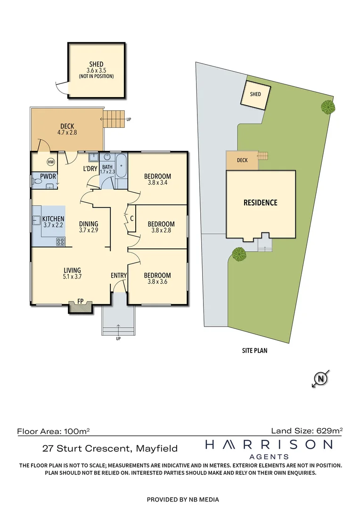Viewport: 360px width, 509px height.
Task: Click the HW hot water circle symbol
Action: click(50, 162)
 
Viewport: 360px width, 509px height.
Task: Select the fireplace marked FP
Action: click(81, 307)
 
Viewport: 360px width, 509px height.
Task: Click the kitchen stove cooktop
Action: click(61, 242)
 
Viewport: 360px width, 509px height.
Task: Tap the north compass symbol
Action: click(321, 378)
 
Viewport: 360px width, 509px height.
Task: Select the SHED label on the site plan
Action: click(255, 94)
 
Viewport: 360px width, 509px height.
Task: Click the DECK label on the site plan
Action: click(242, 160)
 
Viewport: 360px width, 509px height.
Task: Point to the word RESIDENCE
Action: click(260, 203)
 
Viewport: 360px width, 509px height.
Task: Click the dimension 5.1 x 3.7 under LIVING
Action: click(72, 277)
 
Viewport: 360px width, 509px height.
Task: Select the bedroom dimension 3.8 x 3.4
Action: click(157, 183)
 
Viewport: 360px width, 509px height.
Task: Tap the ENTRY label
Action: click(118, 275)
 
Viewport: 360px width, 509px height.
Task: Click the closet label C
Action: click(131, 218)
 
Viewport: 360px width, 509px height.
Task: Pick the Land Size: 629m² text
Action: click(306, 430)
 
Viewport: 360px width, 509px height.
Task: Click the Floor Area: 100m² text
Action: click(53, 431)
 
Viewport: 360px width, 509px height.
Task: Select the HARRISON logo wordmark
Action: click(269, 444)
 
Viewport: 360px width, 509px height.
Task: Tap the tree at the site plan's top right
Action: click(328, 107)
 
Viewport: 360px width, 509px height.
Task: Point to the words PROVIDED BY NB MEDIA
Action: click(183, 500)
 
